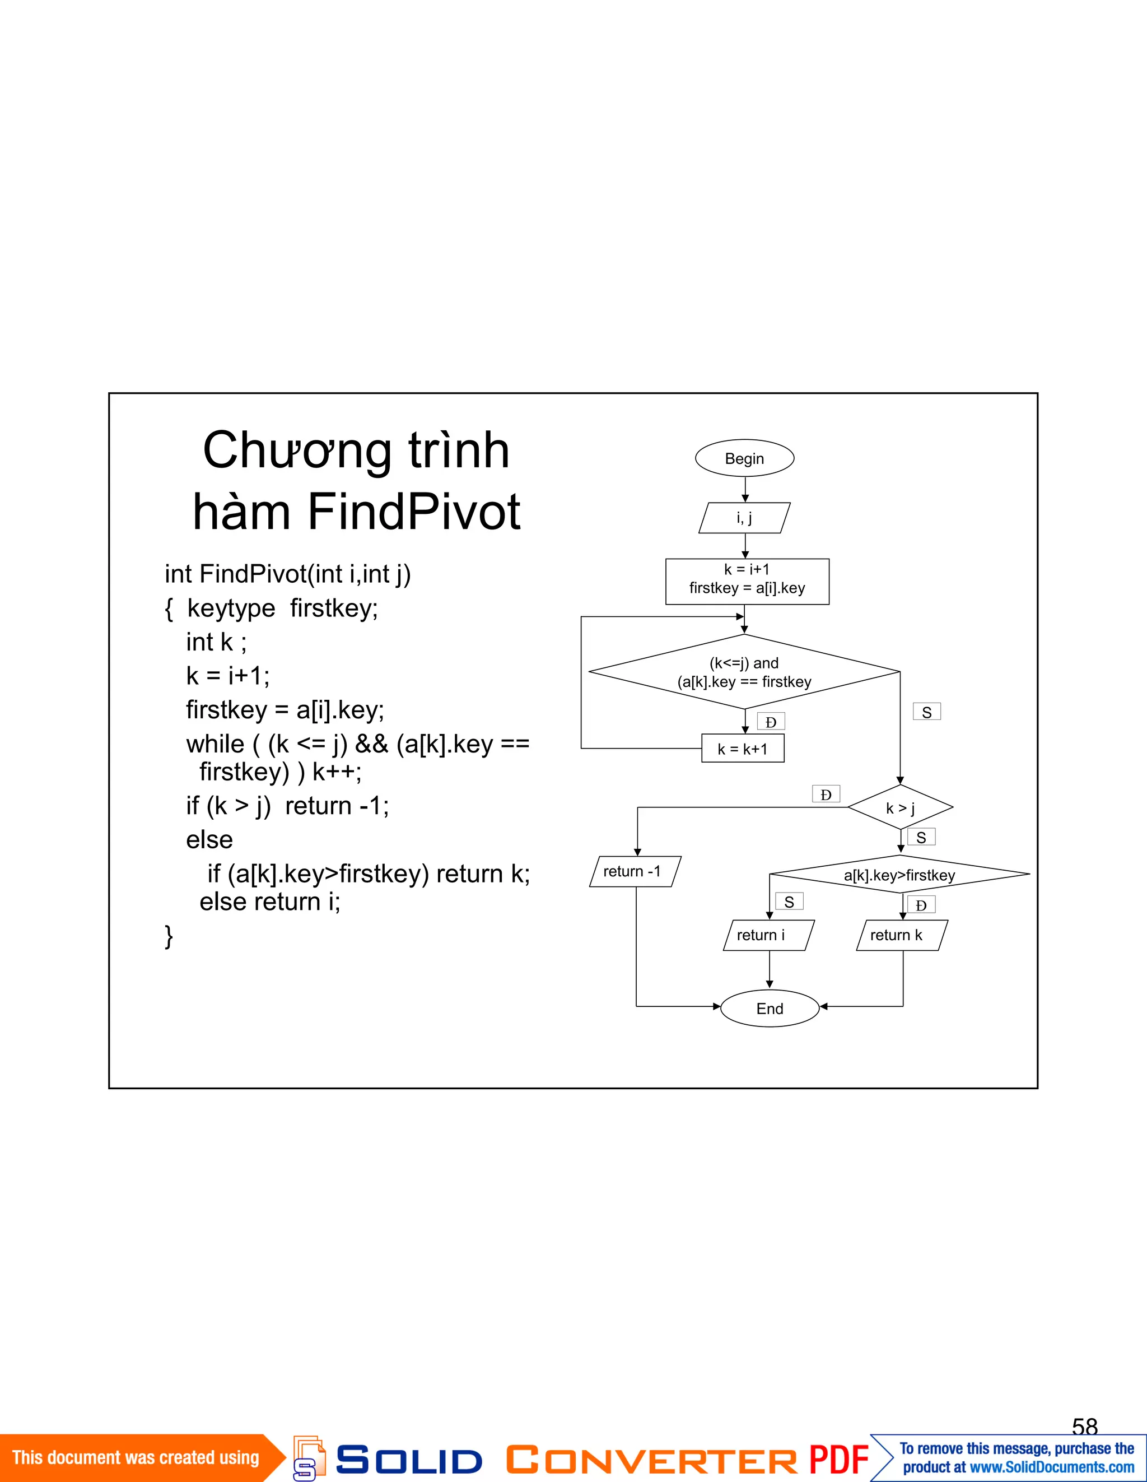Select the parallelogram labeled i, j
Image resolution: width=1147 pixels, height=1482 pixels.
[x=744, y=518]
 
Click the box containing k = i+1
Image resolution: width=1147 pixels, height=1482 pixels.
[x=747, y=581]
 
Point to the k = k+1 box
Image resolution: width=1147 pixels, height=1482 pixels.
[x=743, y=749]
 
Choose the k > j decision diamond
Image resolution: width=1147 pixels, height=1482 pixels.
[x=900, y=807]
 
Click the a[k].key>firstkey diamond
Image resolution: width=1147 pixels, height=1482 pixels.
[x=899, y=875]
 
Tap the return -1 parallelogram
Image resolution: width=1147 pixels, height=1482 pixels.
[x=635, y=871]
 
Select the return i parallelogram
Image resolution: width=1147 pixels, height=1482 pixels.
[x=768, y=935]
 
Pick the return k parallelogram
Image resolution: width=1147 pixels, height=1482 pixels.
[x=902, y=935]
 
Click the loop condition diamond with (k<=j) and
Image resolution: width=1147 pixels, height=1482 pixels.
[x=744, y=672]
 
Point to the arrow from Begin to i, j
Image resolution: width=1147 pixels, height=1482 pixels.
[x=745, y=489]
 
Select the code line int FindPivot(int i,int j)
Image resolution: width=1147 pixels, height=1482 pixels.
[x=288, y=574]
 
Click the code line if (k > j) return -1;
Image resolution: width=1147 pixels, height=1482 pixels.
[x=288, y=806]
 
